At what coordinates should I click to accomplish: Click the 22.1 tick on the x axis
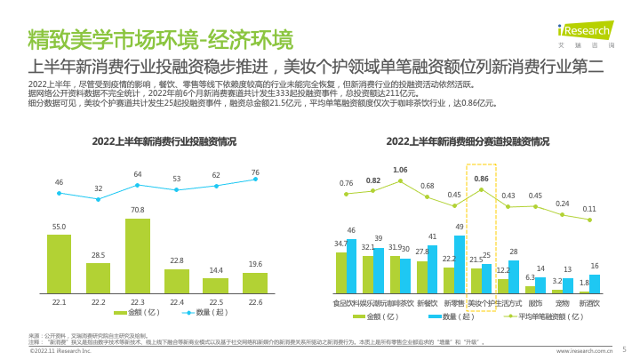click(x=60, y=303)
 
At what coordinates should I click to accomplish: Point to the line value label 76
click(x=255, y=172)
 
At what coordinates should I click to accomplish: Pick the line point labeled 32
click(x=99, y=198)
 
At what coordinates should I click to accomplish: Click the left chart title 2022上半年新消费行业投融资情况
click(x=164, y=141)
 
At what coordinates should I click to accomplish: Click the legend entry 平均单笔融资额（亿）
click(x=541, y=316)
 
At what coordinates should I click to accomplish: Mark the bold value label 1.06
click(x=400, y=170)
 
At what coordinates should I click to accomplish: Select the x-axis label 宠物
click(x=562, y=303)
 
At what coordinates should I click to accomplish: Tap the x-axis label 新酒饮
click(x=589, y=303)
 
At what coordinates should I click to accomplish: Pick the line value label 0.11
click(x=589, y=210)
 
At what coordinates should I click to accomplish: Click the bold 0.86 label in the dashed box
click(x=482, y=179)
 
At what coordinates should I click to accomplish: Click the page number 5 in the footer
click(x=624, y=350)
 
